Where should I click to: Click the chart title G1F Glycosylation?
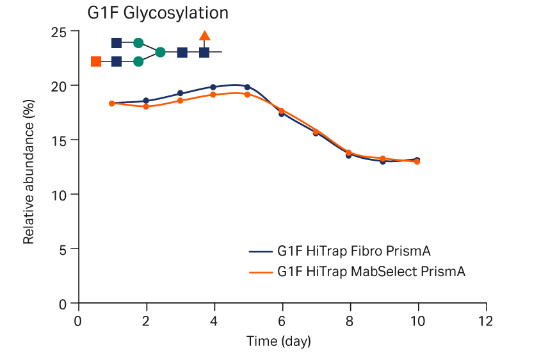tap(158, 12)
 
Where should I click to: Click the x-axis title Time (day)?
tap(278, 341)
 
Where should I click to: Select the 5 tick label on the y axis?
tap(63, 249)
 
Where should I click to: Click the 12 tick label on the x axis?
tap(486, 320)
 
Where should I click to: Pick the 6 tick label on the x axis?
tap(282, 320)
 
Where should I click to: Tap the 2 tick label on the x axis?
tap(147, 320)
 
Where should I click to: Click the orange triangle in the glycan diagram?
tap(205, 36)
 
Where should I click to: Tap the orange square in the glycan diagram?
tap(96, 61)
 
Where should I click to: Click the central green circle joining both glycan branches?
tap(160, 52)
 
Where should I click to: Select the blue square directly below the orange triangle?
tap(204, 52)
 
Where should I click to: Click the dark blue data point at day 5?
tap(247, 87)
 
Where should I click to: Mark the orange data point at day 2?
tap(146, 106)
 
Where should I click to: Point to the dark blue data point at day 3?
tap(180, 94)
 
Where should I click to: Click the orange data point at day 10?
tap(417, 161)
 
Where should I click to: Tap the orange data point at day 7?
tap(316, 131)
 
